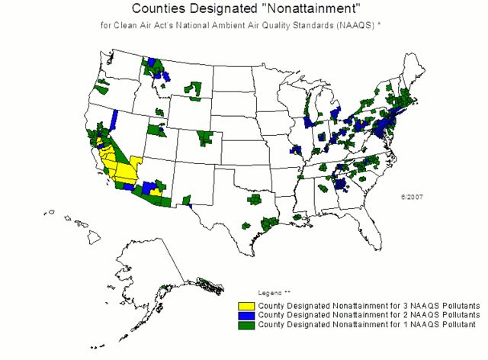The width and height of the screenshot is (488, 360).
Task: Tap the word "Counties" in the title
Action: (159, 9)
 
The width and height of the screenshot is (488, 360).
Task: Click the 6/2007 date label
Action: (412, 196)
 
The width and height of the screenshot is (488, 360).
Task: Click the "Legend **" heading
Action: (275, 293)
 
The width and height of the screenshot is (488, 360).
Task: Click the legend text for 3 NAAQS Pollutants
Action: (369, 304)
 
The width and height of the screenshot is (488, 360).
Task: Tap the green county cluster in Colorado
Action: (206, 138)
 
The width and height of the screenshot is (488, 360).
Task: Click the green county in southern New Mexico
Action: (185, 200)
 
